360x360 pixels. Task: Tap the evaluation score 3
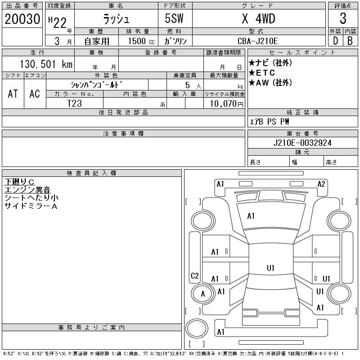(343, 19)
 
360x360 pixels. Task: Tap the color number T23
(74, 103)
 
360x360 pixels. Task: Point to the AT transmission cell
(13, 94)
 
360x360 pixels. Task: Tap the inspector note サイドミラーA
(31, 206)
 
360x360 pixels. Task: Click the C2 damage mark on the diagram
(195, 276)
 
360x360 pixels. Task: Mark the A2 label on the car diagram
(321, 184)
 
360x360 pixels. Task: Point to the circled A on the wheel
(203, 294)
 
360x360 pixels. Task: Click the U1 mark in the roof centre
(270, 268)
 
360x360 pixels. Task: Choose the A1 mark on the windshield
(251, 216)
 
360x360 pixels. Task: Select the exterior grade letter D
(335, 41)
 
